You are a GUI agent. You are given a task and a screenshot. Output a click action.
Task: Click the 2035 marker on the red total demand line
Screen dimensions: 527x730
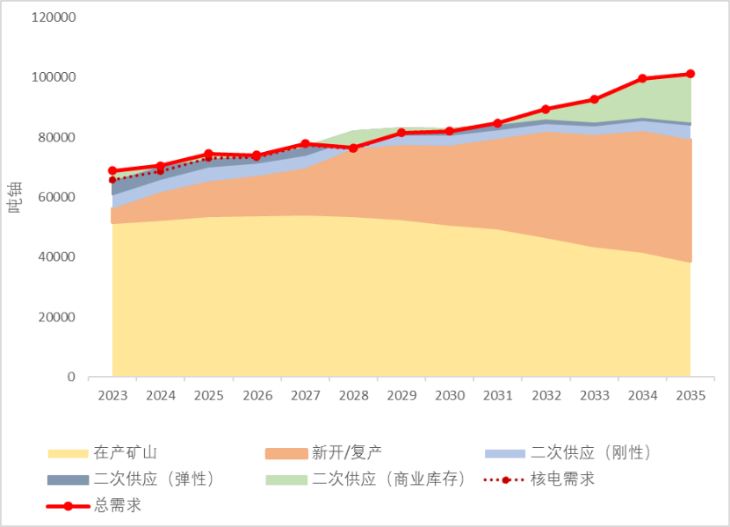[x=690, y=74]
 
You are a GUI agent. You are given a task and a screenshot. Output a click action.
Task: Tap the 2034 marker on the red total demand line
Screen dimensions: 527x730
[x=642, y=78]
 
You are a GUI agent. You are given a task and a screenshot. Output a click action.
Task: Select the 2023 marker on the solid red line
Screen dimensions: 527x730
[x=112, y=170]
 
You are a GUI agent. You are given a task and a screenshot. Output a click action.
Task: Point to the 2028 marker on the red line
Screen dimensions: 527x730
[x=353, y=148]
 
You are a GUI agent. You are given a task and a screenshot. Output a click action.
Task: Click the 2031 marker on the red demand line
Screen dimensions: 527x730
[x=498, y=123]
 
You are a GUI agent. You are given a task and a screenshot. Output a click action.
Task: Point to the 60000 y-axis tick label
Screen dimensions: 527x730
[x=57, y=198]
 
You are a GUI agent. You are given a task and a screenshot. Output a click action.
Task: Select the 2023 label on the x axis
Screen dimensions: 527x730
[x=112, y=396]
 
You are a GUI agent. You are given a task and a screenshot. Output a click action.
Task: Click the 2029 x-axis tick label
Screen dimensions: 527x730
[x=401, y=396]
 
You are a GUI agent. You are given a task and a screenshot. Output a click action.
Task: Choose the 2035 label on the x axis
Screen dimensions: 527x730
[x=690, y=396]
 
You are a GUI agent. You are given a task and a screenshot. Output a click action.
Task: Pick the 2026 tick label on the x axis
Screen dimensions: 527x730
[x=257, y=396]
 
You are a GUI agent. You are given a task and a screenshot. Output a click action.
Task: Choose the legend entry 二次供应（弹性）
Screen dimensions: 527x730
[x=153, y=480]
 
